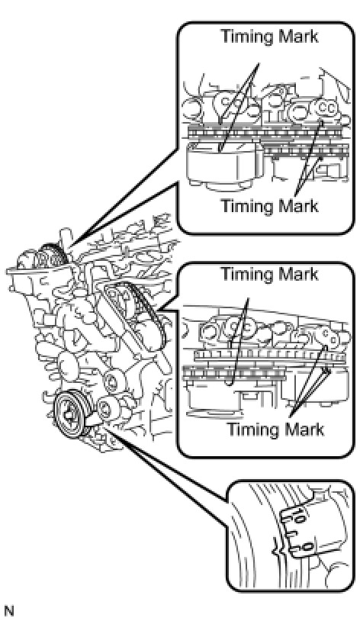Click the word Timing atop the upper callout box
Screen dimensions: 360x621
[246, 37]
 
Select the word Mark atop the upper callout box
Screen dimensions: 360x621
[297, 36]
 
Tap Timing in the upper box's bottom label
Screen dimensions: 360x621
[246, 206]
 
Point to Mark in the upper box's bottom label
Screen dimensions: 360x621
[297, 205]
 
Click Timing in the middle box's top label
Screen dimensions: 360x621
[246, 275]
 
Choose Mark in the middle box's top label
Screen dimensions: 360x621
[297, 274]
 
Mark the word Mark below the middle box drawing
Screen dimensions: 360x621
[303, 430]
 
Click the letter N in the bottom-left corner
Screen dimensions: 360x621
[8, 611]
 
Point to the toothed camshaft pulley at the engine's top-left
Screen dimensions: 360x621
[51, 256]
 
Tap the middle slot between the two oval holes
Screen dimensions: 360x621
[291, 534]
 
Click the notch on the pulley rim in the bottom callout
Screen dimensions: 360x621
[275, 549]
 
